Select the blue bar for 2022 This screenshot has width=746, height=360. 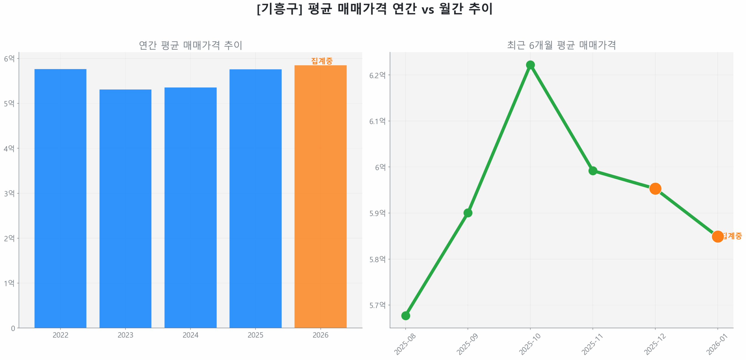(x=60, y=198)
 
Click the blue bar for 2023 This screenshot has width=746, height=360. (x=125, y=208)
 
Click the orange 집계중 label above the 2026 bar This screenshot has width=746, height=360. (x=321, y=61)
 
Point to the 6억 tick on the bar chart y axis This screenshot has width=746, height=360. (x=9, y=59)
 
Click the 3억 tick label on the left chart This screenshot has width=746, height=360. (x=9, y=193)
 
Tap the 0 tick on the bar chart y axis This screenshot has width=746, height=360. (x=13, y=328)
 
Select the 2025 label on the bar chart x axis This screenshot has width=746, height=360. (x=255, y=335)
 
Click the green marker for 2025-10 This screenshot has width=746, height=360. (x=530, y=65)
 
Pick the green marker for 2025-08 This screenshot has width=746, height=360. (x=405, y=315)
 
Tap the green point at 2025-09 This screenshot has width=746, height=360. (x=467, y=213)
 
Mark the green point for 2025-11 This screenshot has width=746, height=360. (x=592, y=171)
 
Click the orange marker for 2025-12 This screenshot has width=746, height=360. (x=655, y=189)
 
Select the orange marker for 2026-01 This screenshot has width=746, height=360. (x=717, y=236)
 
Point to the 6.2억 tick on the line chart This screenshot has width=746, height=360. (x=377, y=75)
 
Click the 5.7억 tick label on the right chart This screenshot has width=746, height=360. (x=377, y=305)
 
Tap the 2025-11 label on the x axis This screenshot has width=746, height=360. (x=592, y=344)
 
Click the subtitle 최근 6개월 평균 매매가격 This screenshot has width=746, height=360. (x=561, y=45)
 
